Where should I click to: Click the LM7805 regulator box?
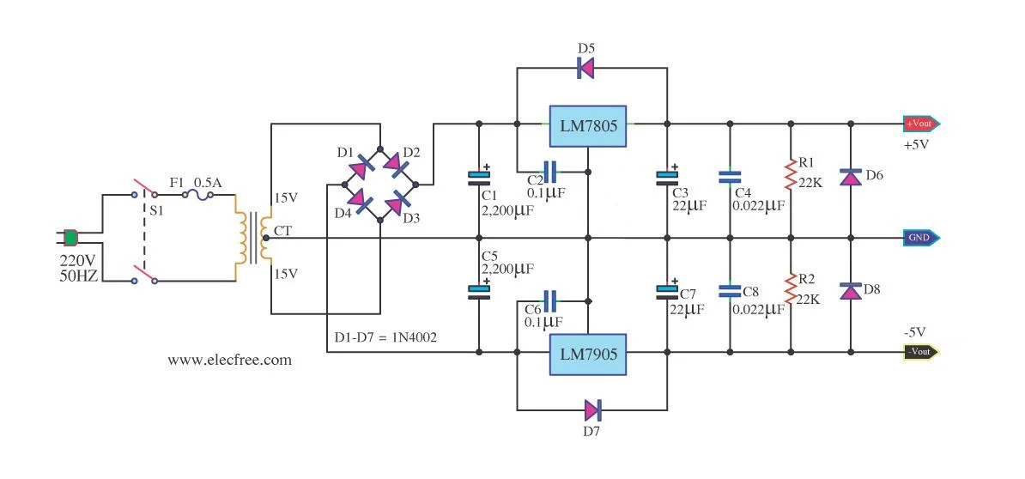588,124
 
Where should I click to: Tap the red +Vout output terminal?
921,124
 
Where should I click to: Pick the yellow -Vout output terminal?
921,352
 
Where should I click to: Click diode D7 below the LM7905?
592,409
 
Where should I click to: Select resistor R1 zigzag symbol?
790,175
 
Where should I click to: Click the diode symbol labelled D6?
850,178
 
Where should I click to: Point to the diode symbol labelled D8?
850,291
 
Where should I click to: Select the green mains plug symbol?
71,237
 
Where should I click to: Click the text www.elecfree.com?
229,361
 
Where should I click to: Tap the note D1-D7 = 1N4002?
385,337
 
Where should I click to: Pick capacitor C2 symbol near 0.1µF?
550,171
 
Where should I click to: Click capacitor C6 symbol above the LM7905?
550,300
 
